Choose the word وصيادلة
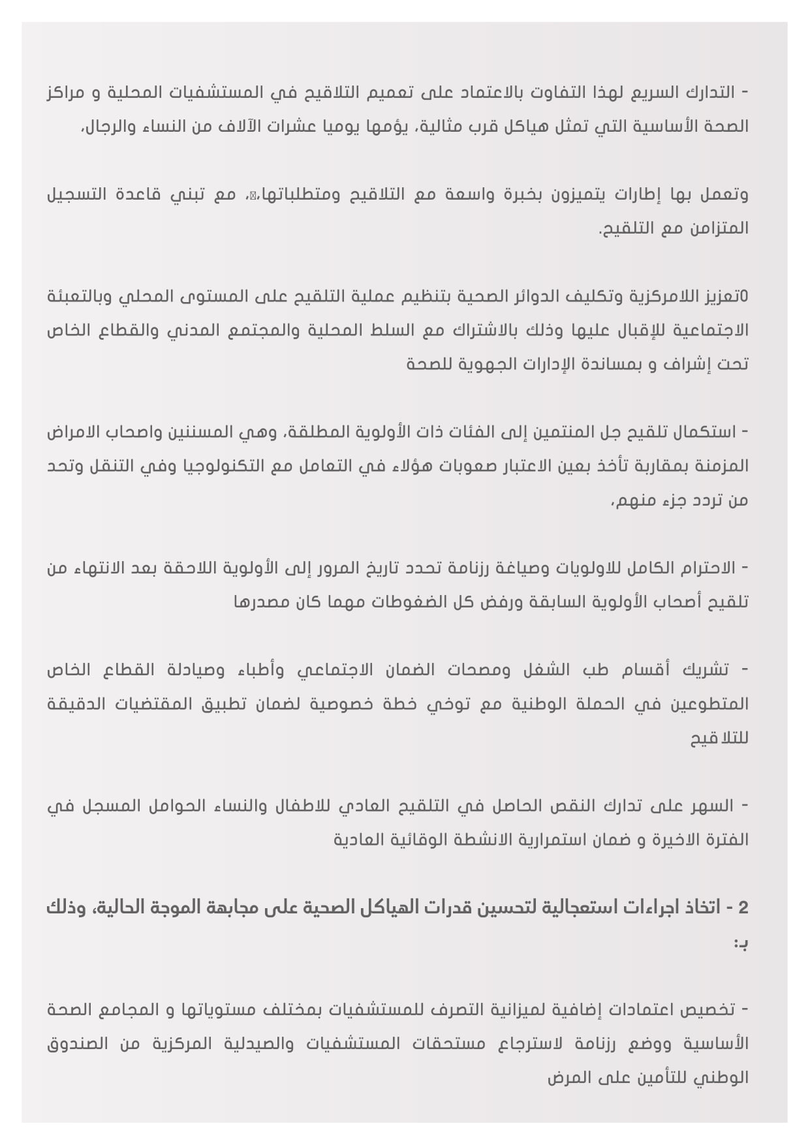pyautogui.click(x=196, y=670)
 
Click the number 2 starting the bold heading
pyautogui.click(x=743, y=908)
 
